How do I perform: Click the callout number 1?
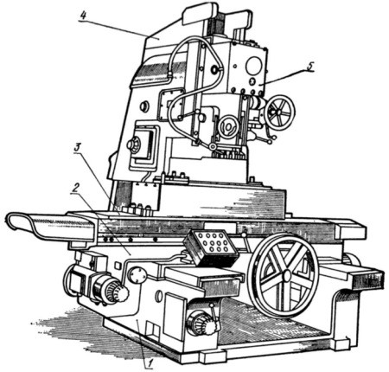150,363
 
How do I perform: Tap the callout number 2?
75,188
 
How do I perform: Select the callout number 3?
77,147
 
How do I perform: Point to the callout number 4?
83,16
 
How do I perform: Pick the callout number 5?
309,66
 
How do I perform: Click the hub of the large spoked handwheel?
287,276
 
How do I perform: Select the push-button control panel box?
212,247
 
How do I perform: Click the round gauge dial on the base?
137,275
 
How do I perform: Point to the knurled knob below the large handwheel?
202,324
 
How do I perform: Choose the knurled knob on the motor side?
118,292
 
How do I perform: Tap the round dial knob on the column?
134,144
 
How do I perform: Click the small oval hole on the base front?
158,296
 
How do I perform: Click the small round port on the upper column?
144,106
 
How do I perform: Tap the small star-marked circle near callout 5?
252,81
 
